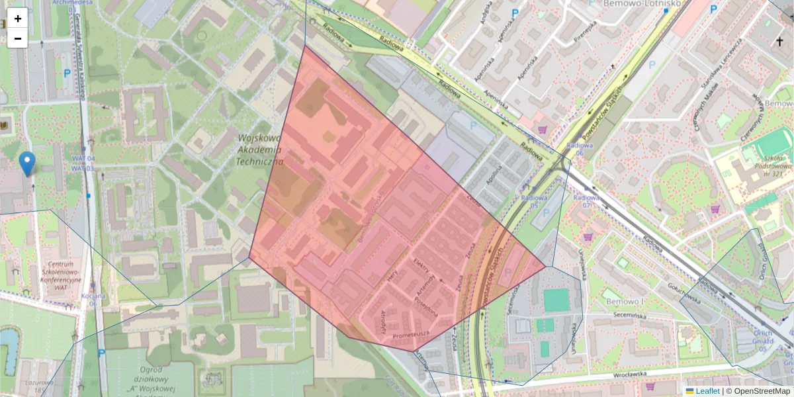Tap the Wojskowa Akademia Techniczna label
point(259,150)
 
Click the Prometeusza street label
point(412,335)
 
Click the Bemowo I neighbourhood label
point(625,302)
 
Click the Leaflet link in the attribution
point(707,391)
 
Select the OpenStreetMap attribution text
point(762,391)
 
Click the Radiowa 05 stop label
point(534,201)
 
